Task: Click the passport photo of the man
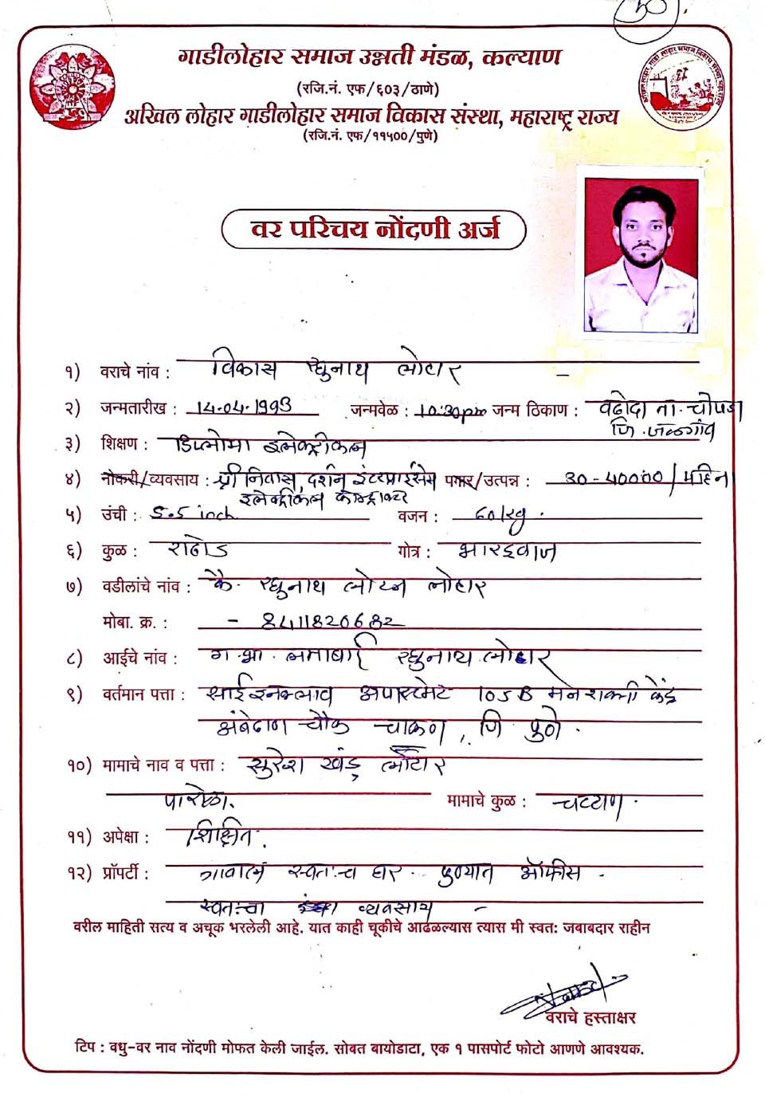pos(641,254)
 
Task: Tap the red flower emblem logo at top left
pos(72,86)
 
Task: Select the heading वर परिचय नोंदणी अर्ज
pos(374,230)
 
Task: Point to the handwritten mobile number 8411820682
pos(331,622)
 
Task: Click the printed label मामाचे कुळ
pos(486,801)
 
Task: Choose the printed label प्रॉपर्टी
pos(126,873)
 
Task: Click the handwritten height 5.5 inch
pos(191,514)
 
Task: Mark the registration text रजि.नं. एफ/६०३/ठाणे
pos(367,88)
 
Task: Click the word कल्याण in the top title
pos(521,57)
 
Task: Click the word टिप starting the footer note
pos(85,1048)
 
